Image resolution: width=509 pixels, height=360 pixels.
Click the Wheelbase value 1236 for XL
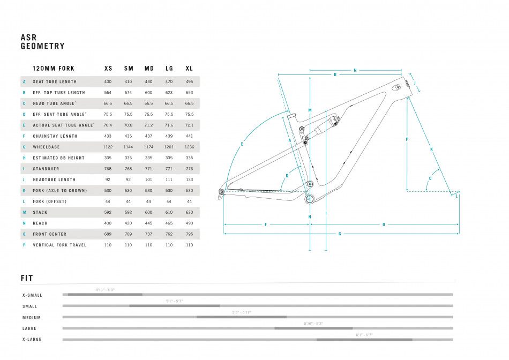tap(189, 147)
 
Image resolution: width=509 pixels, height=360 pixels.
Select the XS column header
tap(108, 69)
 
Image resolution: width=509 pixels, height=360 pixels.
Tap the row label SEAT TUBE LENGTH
tap(55, 81)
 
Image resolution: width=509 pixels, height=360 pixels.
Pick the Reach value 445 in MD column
tap(149, 223)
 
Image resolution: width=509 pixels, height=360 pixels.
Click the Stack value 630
tap(189, 212)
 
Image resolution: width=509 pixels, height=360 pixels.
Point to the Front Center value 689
tap(108, 234)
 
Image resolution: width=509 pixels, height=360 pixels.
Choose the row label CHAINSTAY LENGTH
tap(55, 136)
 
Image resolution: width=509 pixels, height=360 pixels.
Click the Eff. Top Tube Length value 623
tap(169, 93)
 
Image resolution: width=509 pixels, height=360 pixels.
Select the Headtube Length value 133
tap(189, 179)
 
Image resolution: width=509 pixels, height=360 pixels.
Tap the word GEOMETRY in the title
tap(42, 47)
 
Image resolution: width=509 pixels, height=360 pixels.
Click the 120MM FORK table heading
tap(54, 69)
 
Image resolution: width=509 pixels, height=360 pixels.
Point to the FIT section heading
tap(27, 278)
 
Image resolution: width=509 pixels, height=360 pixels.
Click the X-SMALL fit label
tap(32, 295)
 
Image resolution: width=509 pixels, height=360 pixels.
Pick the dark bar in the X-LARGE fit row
tap(364, 339)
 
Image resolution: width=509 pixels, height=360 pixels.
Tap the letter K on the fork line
tap(431, 149)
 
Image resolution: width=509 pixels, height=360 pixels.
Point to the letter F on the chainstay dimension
tap(266, 224)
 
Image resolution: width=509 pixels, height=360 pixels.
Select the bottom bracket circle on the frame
tap(309, 199)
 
